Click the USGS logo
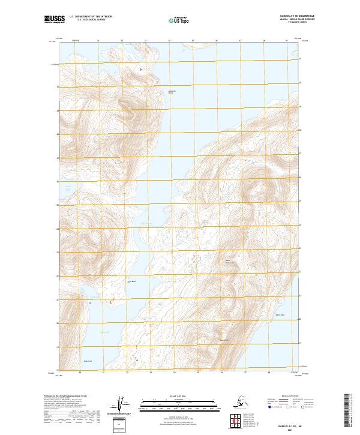click(x=54, y=20)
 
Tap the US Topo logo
click(x=178, y=20)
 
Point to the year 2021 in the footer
click(x=291, y=428)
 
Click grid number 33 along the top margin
click(x=145, y=41)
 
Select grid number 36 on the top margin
click(x=216, y=41)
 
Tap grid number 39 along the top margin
click(x=286, y=41)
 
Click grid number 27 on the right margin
click(x=301, y=158)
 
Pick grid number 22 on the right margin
click(x=301, y=275)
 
